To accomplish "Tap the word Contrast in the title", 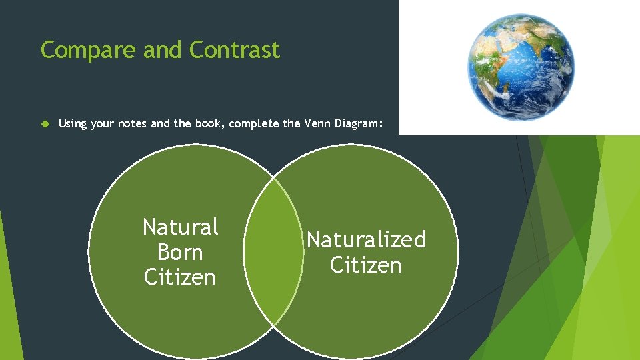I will click(235, 50).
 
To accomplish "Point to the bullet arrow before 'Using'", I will click(45, 123).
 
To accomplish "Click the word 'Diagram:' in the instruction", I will click(358, 123).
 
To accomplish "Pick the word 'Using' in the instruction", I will click(73, 123).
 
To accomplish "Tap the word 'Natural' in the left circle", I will click(181, 227).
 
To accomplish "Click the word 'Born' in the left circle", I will click(180, 253).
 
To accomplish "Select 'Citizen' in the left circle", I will click(180, 277).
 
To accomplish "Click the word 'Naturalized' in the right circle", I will click(366, 239).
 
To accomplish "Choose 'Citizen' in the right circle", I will click(366, 265).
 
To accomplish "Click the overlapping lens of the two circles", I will click(273, 252).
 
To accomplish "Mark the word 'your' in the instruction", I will click(102, 123).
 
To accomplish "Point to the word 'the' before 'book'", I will click(184, 123).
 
